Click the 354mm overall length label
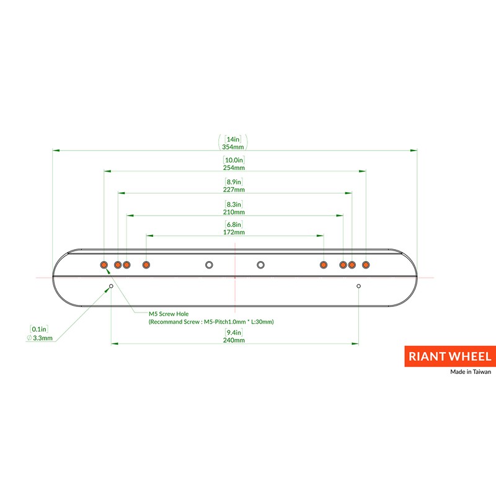pyautogui.click(x=233, y=147)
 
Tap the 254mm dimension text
pyautogui.click(x=234, y=167)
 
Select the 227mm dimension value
pyautogui.click(x=234, y=190)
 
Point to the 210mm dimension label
pyautogui.click(x=234, y=212)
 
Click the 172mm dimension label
pyautogui.click(x=234, y=232)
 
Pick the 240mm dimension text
pyautogui.click(x=234, y=340)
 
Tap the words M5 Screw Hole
pyautogui.click(x=169, y=314)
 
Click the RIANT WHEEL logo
pyautogui.click(x=450, y=356)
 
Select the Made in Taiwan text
pyautogui.click(x=471, y=371)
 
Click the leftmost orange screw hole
pyautogui.click(x=104, y=265)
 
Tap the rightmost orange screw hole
pyautogui.click(x=366, y=265)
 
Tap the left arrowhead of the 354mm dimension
pyautogui.click(x=56, y=150)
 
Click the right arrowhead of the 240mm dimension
pyautogui.click(x=355, y=343)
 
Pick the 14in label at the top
pyautogui.click(x=233, y=139)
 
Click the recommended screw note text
pyautogui.click(x=211, y=322)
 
